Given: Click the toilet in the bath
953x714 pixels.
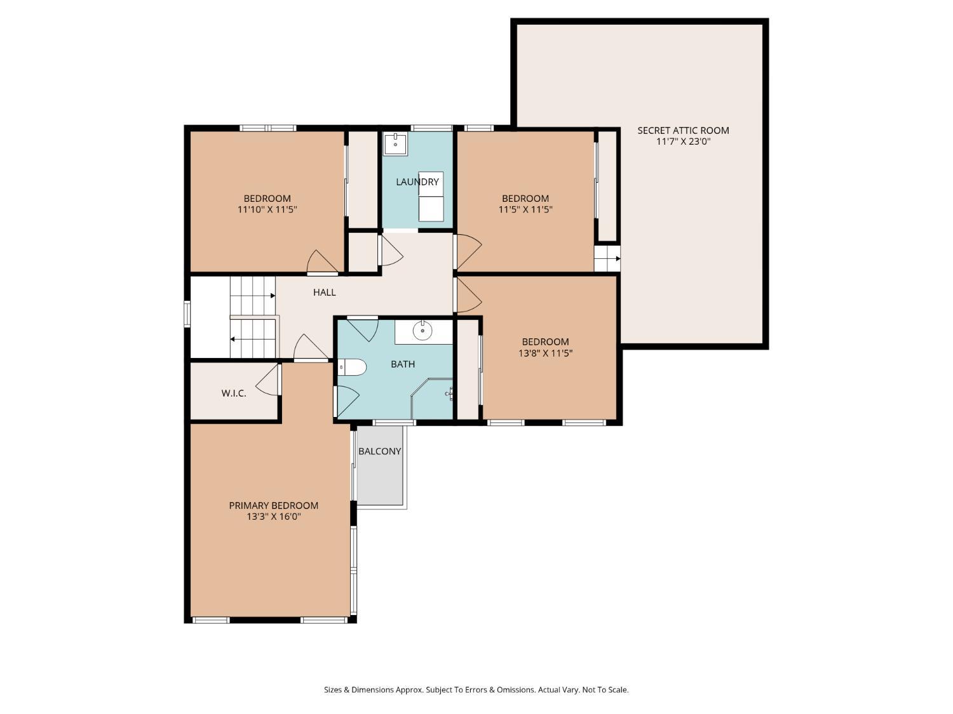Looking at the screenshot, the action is pos(352,367).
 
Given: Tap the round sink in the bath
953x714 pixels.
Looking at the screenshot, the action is pos(422,331).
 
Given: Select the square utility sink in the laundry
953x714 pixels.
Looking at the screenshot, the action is pos(395,144).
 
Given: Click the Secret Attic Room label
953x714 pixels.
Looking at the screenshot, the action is pos(683,130).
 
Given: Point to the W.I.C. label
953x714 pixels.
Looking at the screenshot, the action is pos(234,393).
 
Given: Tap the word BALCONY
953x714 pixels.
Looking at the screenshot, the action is pos(379,451).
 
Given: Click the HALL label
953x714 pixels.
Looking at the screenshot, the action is pos(324,292).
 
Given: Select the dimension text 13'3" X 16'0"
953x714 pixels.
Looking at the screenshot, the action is pos(274,517).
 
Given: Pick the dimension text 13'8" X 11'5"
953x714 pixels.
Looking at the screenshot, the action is pos(545,353).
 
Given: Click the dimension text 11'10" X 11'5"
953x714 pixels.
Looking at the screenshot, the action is pos(267,209).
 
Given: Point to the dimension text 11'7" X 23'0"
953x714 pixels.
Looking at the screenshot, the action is pos(683,142).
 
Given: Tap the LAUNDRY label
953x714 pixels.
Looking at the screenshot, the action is pos(417,182).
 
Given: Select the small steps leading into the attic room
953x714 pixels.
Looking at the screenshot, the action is pos(607,259).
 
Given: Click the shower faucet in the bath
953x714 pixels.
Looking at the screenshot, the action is pos(450,393).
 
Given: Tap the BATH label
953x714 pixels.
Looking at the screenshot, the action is pos(402,364).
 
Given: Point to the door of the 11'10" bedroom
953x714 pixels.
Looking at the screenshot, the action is pos(322,262).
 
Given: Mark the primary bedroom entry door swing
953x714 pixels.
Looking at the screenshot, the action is pos(311,348).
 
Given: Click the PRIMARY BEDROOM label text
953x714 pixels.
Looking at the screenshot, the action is pos(274,505).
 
